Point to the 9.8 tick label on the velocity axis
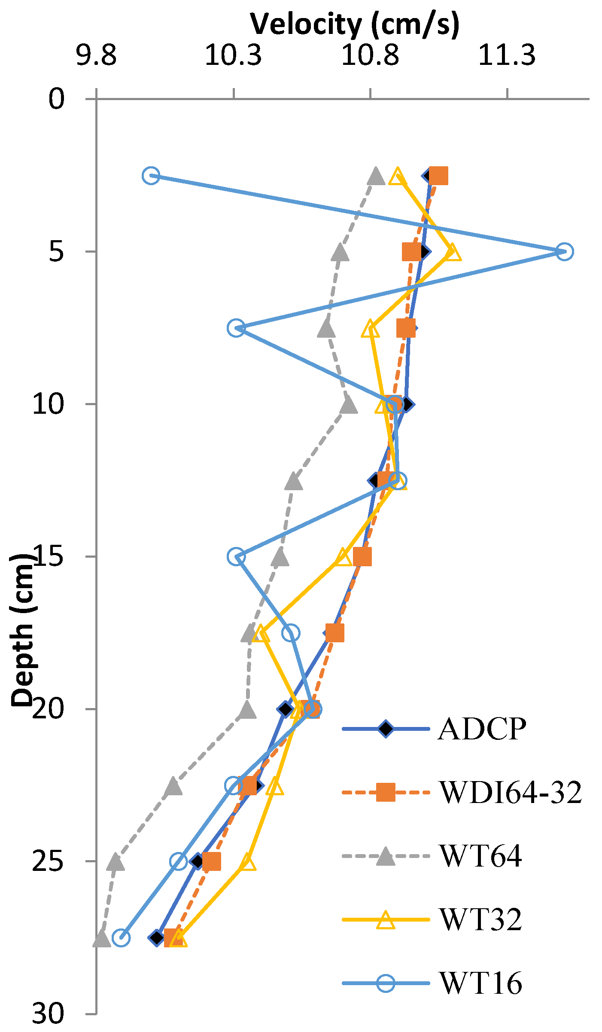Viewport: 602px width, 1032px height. pos(96,55)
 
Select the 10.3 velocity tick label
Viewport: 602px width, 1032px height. pos(233,55)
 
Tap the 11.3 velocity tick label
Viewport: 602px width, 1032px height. pos(507,55)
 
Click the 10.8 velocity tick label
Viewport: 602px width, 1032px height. pos(370,55)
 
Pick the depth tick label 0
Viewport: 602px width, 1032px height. pos(56,99)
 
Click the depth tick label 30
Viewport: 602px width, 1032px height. pos(48,1014)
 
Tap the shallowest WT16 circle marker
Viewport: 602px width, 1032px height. pos(151,176)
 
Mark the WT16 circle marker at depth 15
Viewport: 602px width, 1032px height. pos(236,556)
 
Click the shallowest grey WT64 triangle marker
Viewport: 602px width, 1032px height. pos(376,176)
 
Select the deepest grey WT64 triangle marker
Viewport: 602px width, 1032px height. pos(101,938)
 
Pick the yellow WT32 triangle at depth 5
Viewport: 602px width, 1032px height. pos(452,252)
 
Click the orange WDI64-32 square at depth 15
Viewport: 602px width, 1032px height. pos(362,557)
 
